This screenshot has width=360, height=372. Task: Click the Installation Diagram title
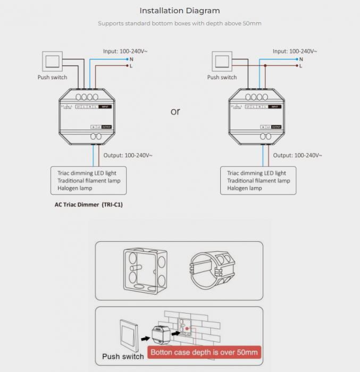180,11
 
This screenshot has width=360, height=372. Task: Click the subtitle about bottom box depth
180,23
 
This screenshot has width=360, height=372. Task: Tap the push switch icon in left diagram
52,61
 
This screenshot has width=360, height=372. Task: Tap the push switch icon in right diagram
222,61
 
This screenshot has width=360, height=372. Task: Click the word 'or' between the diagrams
175,112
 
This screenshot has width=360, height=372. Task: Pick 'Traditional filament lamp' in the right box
258,181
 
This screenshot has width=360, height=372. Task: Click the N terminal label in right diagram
301,58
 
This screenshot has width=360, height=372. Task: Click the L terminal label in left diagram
131,66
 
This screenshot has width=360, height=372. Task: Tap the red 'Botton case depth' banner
204,352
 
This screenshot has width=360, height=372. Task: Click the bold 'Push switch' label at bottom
123,356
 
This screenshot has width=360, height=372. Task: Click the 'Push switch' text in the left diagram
52,78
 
